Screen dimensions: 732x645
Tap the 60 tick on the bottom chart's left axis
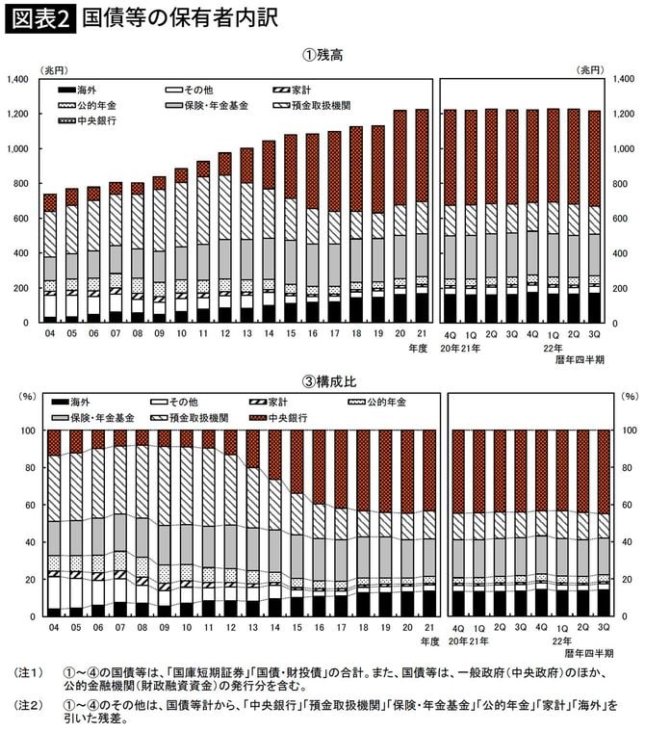click(27, 505)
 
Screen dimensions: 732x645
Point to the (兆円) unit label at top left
click(52, 69)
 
